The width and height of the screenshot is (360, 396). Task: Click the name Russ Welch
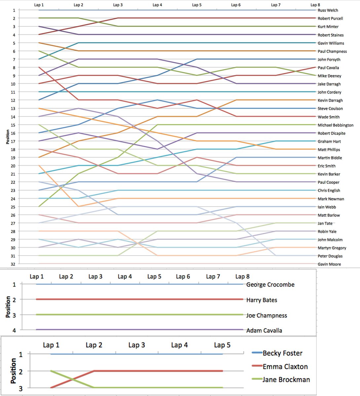coord(328,10)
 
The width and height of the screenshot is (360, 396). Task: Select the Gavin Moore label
coord(329,264)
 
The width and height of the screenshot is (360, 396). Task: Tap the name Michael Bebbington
coord(336,125)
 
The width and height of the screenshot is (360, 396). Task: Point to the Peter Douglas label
coord(330,256)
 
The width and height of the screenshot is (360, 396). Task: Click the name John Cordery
coord(329,92)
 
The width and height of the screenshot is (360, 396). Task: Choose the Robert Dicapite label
coord(332,133)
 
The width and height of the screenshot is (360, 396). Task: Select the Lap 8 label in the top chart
coord(315,5)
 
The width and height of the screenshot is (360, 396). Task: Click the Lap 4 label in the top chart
coord(157,5)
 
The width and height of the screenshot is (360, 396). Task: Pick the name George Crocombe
coord(270,284)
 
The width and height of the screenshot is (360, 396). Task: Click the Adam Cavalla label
coord(264,330)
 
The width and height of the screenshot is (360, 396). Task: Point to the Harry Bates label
coord(262,300)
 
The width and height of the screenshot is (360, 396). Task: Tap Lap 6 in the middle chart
coord(183,277)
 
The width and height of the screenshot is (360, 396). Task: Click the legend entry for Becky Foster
coord(282,353)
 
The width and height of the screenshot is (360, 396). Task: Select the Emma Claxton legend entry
coord(285,366)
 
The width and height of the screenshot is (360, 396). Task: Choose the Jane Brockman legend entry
coord(286,379)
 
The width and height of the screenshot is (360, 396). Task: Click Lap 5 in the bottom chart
coord(222,345)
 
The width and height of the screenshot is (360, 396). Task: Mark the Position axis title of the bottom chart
coord(14,371)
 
